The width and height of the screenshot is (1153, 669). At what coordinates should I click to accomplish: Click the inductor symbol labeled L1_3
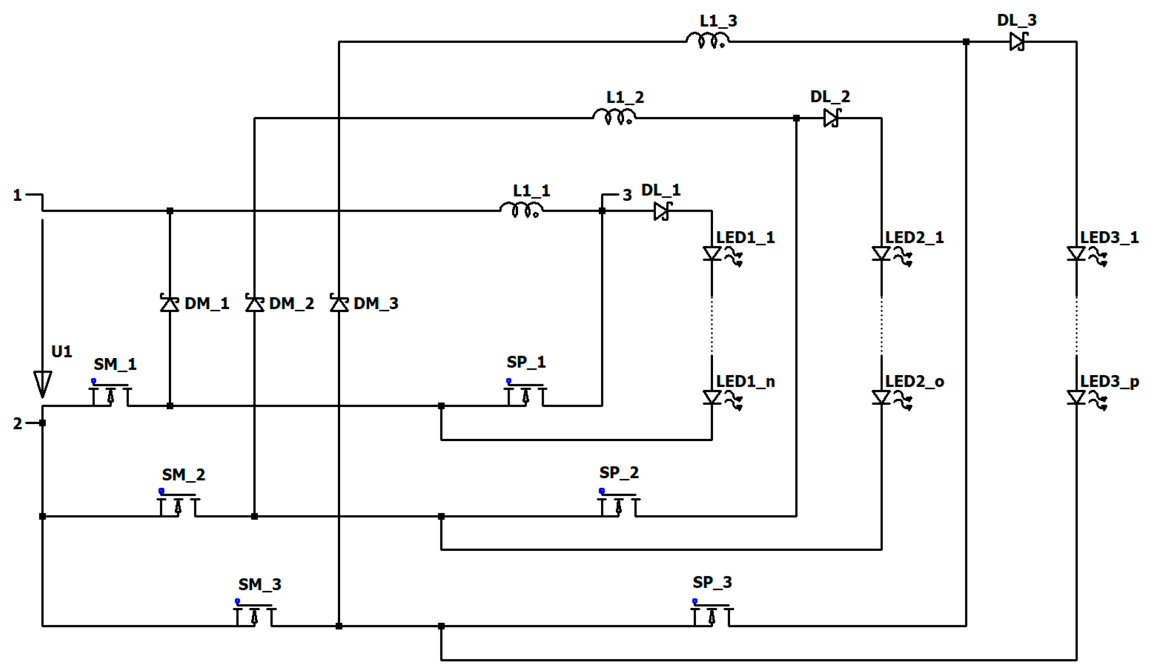pyautogui.click(x=707, y=40)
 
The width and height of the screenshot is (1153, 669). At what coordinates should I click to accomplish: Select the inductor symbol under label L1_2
pyautogui.click(x=614, y=117)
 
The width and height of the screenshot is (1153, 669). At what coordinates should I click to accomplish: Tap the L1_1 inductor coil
pyautogui.click(x=521, y=210)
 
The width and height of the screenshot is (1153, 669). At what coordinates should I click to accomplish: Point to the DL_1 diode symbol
pyautogui.click(x=662, y=211)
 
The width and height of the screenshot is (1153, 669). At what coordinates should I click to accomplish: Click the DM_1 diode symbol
pyautogui.click(x=170, y=303)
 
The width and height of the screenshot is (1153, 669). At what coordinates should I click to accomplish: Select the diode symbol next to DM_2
pyautogui.click(x=255, y=303)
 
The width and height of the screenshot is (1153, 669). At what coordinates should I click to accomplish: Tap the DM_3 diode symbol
pyautogui.click(x=339, y=303)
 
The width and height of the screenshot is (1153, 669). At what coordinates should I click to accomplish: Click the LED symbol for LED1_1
pyautogui.click(x=712, y=253)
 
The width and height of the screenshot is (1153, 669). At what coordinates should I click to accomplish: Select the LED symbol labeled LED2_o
pyautogui.click(x=881, y=397)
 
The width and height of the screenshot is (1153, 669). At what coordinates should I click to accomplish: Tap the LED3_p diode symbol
pyautogui.click(x=1076, y=397)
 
